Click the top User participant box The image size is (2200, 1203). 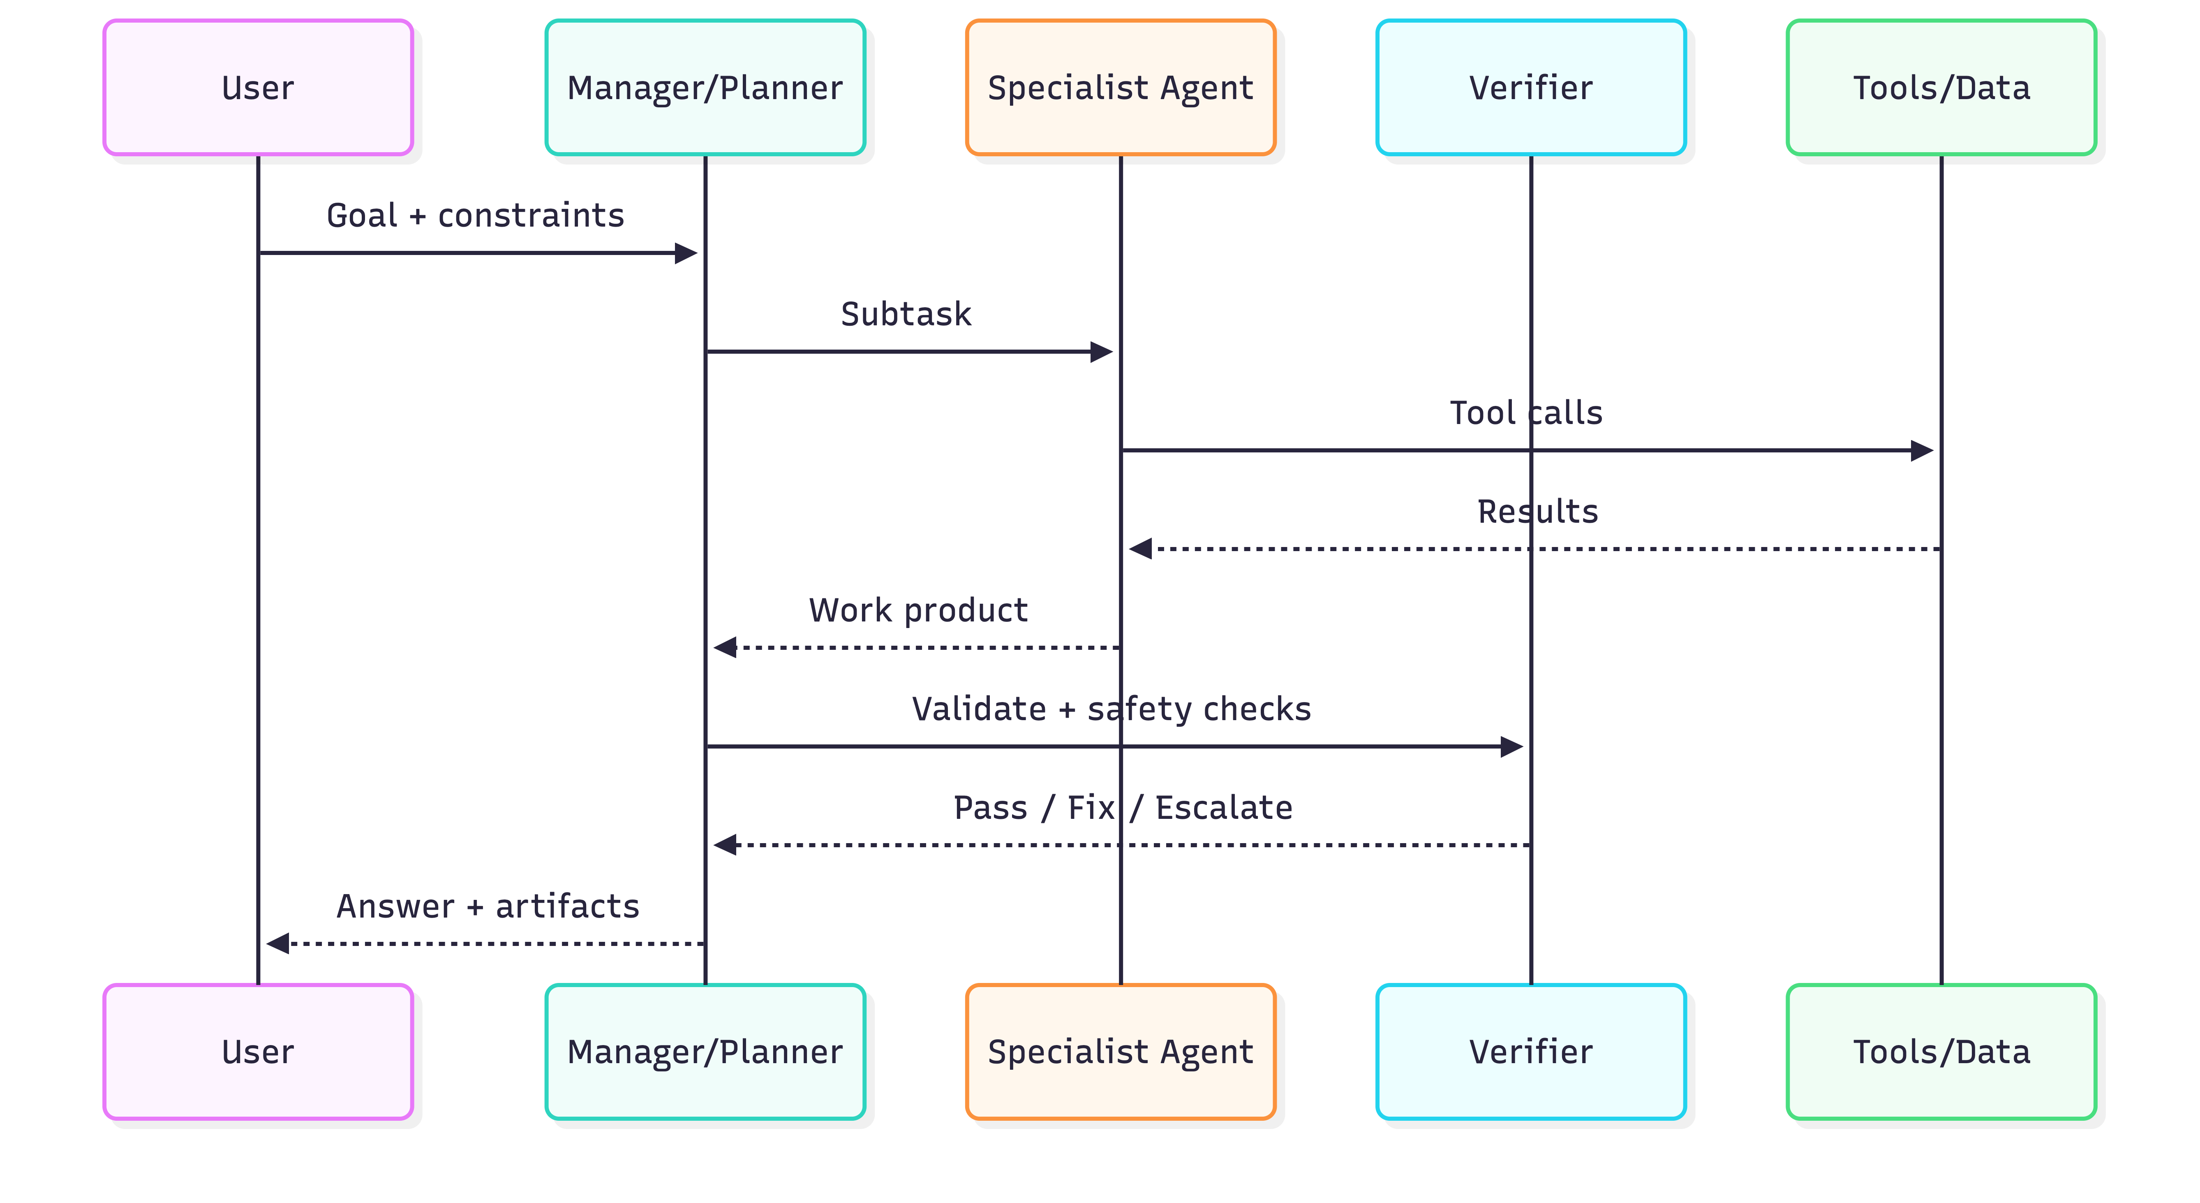click(258, 87)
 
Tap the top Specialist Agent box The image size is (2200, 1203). click(1121, 87)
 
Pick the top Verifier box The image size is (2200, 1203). click(1530, 87)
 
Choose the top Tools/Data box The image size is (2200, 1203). click(1941, 87)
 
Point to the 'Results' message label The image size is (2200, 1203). click(1537, 511)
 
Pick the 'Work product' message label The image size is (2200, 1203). click(918, 610)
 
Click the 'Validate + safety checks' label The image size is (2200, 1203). click(1111, 709)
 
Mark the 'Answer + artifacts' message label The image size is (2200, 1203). click(488, 906)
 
